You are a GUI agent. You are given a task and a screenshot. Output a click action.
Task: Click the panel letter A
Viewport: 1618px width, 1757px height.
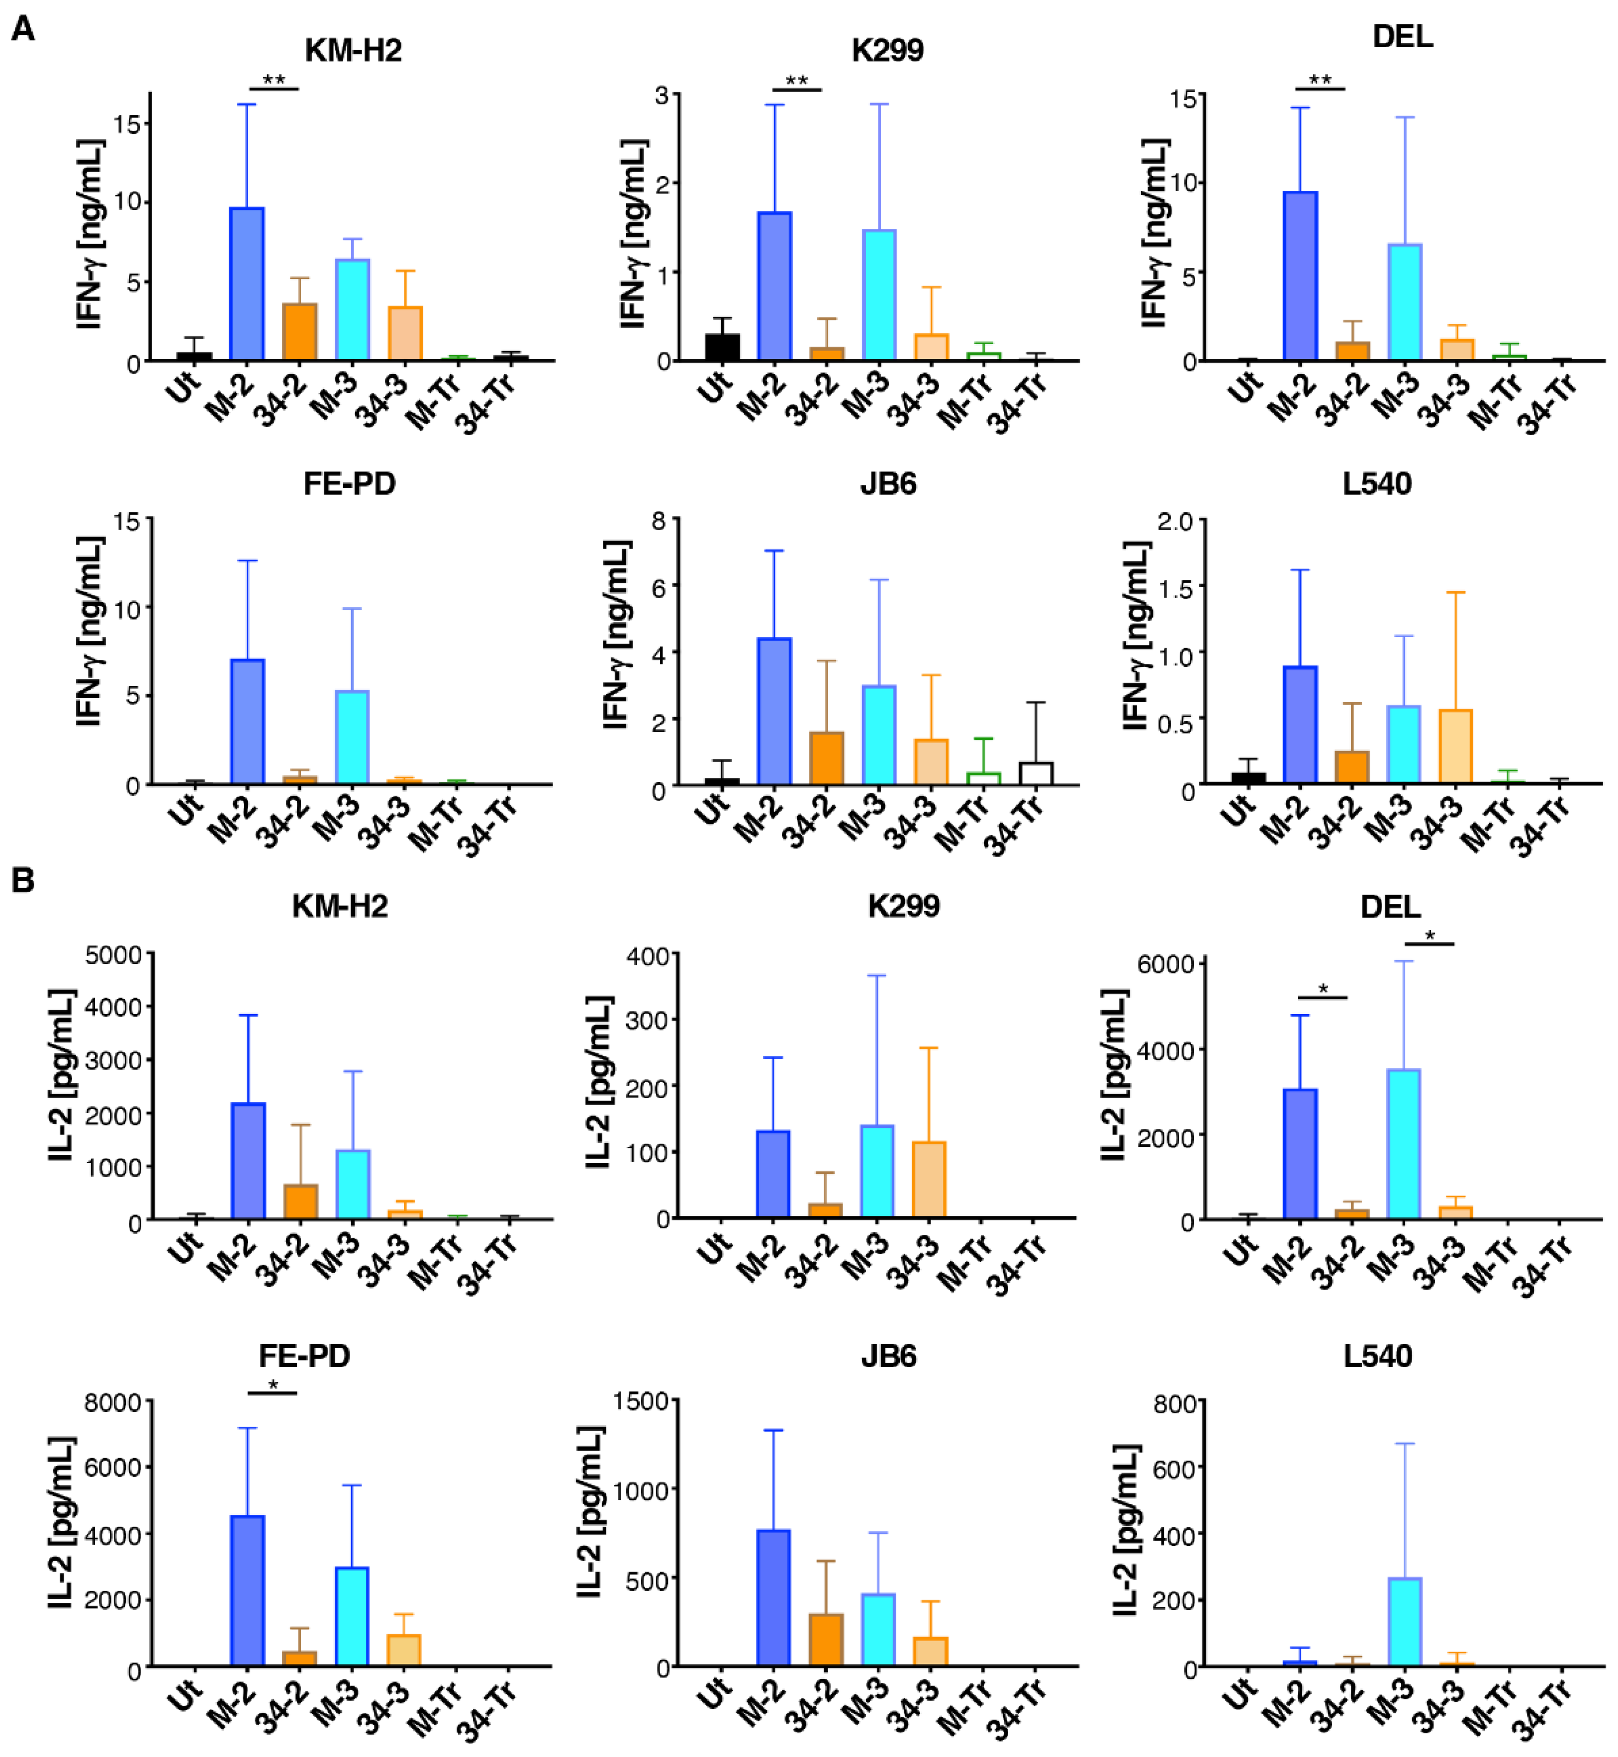point(23,29)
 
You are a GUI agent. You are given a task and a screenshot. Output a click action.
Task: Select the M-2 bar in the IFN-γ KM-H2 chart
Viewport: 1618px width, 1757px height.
point(247,284)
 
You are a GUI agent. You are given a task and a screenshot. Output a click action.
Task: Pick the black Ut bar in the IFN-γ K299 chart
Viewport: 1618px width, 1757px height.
point(722,348)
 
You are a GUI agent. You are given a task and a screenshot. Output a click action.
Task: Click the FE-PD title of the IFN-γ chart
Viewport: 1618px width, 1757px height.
point(349,483)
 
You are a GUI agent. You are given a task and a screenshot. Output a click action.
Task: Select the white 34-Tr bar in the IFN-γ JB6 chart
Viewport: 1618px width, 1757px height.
point(1036,774)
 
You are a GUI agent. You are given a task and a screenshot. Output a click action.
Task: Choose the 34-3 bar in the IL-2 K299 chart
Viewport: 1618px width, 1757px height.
point(929,1180)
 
